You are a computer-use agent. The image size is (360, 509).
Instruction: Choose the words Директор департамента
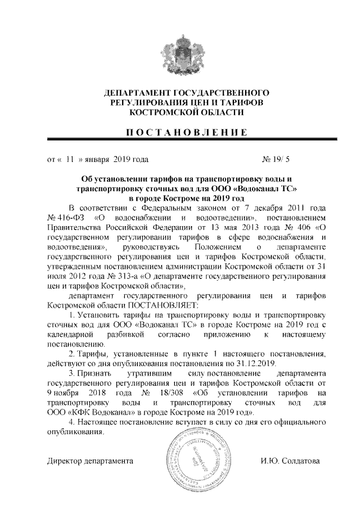pos(89,461)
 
